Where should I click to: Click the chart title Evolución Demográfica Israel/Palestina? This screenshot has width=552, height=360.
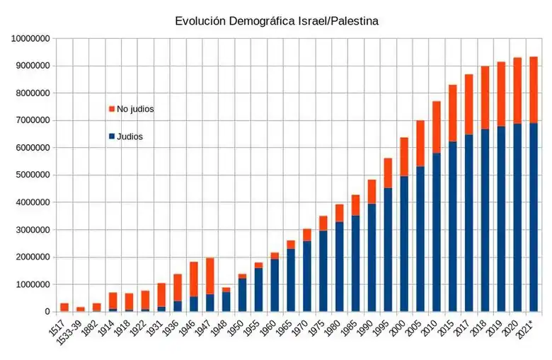(x=277, y=21)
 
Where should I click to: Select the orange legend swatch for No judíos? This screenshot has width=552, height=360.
(x=112, y=109)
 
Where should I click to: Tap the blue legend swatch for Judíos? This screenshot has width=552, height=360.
(x=112, y=136)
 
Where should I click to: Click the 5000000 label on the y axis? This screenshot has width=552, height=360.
(x=30, y=175)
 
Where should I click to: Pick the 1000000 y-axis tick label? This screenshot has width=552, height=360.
(x=30, y=284)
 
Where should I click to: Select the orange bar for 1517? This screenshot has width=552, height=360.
(x=64, y=308)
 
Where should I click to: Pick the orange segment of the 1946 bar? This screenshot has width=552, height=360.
(x=194, y=279)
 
